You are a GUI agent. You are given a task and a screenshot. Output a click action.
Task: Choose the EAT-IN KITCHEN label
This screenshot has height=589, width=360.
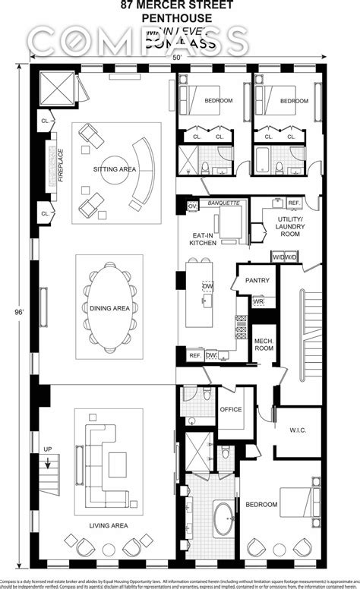click(x=204, y=240)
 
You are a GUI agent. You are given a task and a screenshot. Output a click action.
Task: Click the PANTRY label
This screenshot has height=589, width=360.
click(x=257, y=280)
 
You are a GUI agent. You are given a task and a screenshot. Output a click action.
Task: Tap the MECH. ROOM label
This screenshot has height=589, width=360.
click(x=264, y=344)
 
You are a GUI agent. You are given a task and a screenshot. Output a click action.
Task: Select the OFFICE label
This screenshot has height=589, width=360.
click(x=231, y=410)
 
